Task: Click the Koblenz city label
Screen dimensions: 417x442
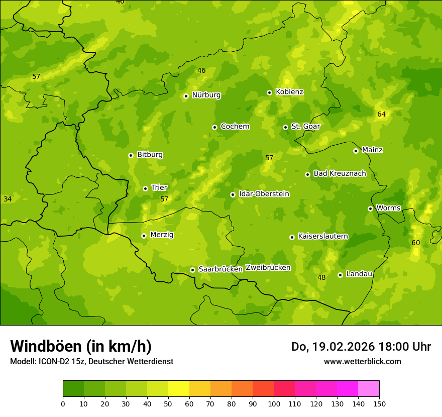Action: pos(289,92)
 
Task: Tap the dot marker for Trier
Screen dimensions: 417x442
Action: pos(145,188)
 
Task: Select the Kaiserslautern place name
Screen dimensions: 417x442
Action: pos(323,236)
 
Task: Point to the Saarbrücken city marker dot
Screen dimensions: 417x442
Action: pos(192,270)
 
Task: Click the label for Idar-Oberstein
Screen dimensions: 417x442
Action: pos(264,193)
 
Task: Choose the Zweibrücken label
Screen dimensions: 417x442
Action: pos(268,267)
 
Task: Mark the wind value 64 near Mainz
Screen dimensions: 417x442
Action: pos(382,114)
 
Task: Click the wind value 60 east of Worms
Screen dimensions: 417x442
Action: pos(416,243)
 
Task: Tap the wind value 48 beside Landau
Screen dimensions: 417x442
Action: pos(322,277)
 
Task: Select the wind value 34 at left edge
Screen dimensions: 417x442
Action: pos(8,199)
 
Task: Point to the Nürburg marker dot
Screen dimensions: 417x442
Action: pos(186,96)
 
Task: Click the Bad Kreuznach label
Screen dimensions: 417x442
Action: pos(340,173)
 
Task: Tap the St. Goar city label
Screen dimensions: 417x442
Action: pos(305,126)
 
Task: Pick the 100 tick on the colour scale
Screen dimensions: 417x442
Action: pos(274,403)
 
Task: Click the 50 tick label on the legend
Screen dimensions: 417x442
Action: pos(168,403)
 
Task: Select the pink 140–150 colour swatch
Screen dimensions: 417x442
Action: pos(369,389)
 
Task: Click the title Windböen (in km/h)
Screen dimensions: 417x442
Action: pos(80,346)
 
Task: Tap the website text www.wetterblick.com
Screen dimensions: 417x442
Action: pos(362,361)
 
